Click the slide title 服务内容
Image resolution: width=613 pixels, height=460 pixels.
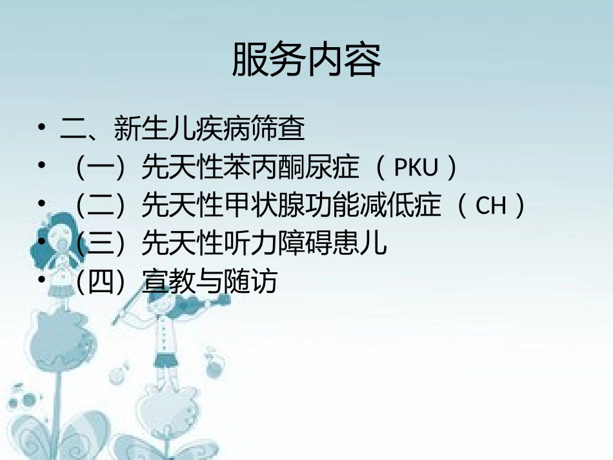pyautogui.click(x=306, y=60)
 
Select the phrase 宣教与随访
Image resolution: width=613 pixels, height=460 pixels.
pyautogui.click(x=210, y=282)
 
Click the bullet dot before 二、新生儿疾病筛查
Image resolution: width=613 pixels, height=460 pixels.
pyautogui.click(x=42, y=129)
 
